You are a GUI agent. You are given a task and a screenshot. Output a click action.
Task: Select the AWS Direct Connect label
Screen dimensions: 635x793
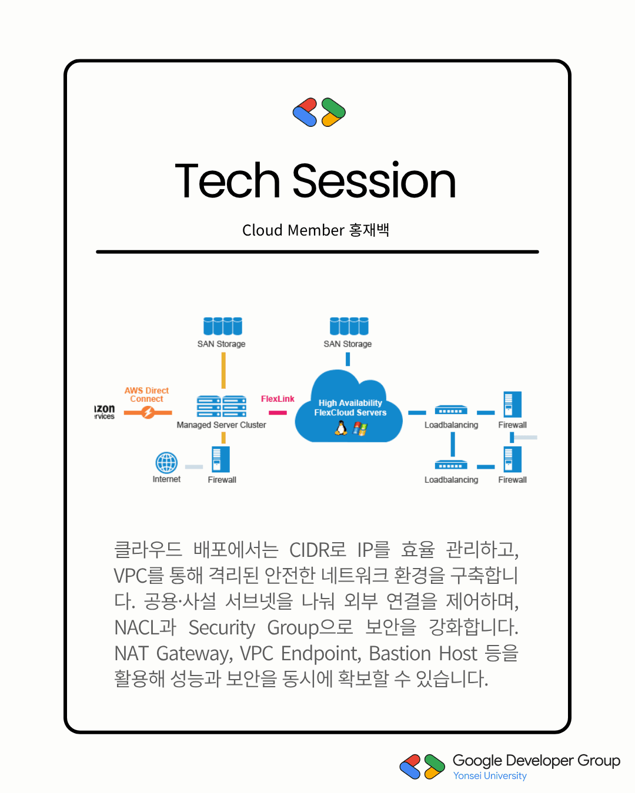[146, 394]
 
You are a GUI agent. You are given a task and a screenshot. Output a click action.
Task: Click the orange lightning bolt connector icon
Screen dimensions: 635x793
[148, 412]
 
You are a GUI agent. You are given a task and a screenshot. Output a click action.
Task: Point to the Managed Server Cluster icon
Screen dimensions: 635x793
[222, 406]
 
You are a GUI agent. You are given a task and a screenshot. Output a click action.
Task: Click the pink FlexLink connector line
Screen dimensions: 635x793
[278, 413]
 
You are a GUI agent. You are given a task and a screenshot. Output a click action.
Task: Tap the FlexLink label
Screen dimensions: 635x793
[278, 399]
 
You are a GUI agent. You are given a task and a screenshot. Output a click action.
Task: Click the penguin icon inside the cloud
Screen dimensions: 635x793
[341, 428]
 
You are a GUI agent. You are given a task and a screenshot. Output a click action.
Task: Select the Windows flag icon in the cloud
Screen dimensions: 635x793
[360, 429]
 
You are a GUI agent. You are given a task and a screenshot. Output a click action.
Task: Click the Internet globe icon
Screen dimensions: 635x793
[166, 462]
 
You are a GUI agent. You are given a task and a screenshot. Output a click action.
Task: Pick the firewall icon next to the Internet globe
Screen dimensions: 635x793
[220, 459]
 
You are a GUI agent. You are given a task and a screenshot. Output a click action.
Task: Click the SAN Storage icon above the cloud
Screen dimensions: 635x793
[349, 326]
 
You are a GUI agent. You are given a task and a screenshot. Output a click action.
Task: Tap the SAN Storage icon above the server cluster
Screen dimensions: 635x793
[222, 326]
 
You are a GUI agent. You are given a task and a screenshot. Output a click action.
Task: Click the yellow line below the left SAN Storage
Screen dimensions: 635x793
[223, 370]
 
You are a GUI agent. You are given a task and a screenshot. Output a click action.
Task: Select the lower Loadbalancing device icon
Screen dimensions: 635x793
[451, 465]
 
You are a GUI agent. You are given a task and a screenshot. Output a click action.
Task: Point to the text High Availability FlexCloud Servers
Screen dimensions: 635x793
[350, 408]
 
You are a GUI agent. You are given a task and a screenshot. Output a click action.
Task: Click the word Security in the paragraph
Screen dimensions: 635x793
[222, 627]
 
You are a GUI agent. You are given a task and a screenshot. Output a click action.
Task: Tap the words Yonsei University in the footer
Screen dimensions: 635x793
[490, 776]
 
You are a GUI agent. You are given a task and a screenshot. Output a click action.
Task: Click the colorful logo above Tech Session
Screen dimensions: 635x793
[319, 112]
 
